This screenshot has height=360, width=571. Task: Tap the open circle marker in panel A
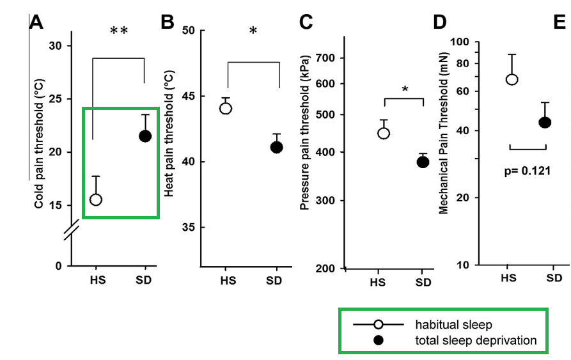[96, 200]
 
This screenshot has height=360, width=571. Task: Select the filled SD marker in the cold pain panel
[145, 136]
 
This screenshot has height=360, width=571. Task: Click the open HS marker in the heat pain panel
[226, 108]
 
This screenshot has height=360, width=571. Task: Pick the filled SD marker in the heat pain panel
[276, 147]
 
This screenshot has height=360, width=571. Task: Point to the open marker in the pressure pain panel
[384, 133]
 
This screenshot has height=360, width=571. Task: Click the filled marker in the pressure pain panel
[423, 162]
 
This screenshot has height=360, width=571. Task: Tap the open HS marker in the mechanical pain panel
[512, 79]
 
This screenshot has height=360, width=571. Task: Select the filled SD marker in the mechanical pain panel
[545, 122]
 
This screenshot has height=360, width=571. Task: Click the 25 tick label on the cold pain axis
[56, 99]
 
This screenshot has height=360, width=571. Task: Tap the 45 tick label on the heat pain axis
[188, 96]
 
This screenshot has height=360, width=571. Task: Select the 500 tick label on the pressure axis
[325, 115]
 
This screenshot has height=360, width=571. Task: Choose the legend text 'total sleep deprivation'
[476, 340]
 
